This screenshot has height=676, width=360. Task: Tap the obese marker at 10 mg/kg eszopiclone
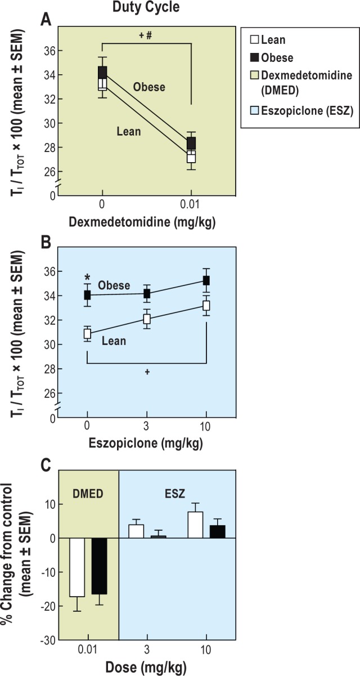coord(206,280)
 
